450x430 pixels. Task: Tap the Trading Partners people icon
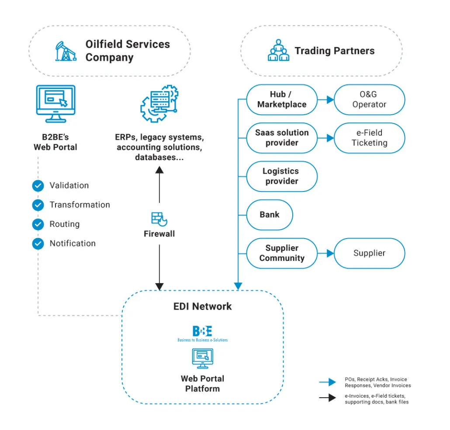(x=279, y=51)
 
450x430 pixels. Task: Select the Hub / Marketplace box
(x=282, y=99)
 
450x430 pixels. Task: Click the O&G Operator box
(x=370, y=99)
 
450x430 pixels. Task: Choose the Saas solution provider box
(x=282, y=138)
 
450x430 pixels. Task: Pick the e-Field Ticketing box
(x=370, y=138)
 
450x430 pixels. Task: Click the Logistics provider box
(x=282, y=176)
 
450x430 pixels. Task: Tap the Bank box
(x=269, y=215)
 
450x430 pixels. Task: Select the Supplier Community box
(x=282, y=253)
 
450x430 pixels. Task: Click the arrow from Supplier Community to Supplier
(x=325, y=253)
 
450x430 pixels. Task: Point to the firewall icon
(x=159, y=218)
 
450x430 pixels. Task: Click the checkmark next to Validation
(x=38, y=186)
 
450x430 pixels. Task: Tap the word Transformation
(x=80, y=205)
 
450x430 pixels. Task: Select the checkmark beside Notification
(x=38, y=243)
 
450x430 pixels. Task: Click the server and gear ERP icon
(x=159, y=105)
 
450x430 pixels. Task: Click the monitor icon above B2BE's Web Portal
(x=55, y=104)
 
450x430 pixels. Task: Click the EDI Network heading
(x=202, y=306)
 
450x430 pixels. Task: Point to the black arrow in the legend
(x=328, y=398)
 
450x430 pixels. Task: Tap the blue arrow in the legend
(x=328, y=382)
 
